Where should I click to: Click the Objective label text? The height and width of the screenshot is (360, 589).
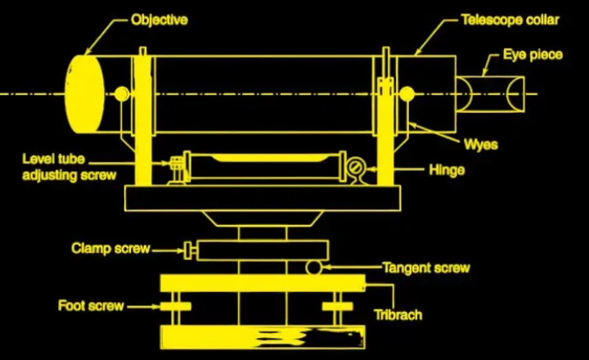pos(160,20)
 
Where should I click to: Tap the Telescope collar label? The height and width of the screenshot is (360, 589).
pos(510,20)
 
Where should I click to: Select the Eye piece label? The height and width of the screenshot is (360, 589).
pos(533,55)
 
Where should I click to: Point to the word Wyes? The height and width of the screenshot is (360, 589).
pos(481,145)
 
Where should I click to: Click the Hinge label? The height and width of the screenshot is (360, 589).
pos(447,170)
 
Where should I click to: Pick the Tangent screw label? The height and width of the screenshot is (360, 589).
pos(426,268)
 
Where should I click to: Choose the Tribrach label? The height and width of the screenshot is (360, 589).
pos(398,314)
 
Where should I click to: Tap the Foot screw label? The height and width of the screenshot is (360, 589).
pos(91,305)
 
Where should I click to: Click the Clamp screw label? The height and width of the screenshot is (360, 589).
pos(110,249)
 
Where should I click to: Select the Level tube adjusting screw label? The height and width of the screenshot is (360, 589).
pos(70,167)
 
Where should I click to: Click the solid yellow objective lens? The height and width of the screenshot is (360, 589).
pos(84,94)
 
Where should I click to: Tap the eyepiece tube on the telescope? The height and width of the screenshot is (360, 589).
pos(490,94)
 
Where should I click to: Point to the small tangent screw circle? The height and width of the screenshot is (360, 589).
pos(313,268)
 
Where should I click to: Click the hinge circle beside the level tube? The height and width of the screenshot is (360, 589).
pos(355,168)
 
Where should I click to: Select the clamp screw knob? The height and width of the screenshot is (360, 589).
pos(189,250)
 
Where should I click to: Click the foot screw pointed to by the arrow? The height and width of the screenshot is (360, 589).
pos(176,307)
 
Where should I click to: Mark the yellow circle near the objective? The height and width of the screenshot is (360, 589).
pos(122,94)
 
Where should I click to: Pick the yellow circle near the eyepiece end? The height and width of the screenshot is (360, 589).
pos(407,94)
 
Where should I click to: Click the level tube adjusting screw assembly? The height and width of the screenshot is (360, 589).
pos(178,170)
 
